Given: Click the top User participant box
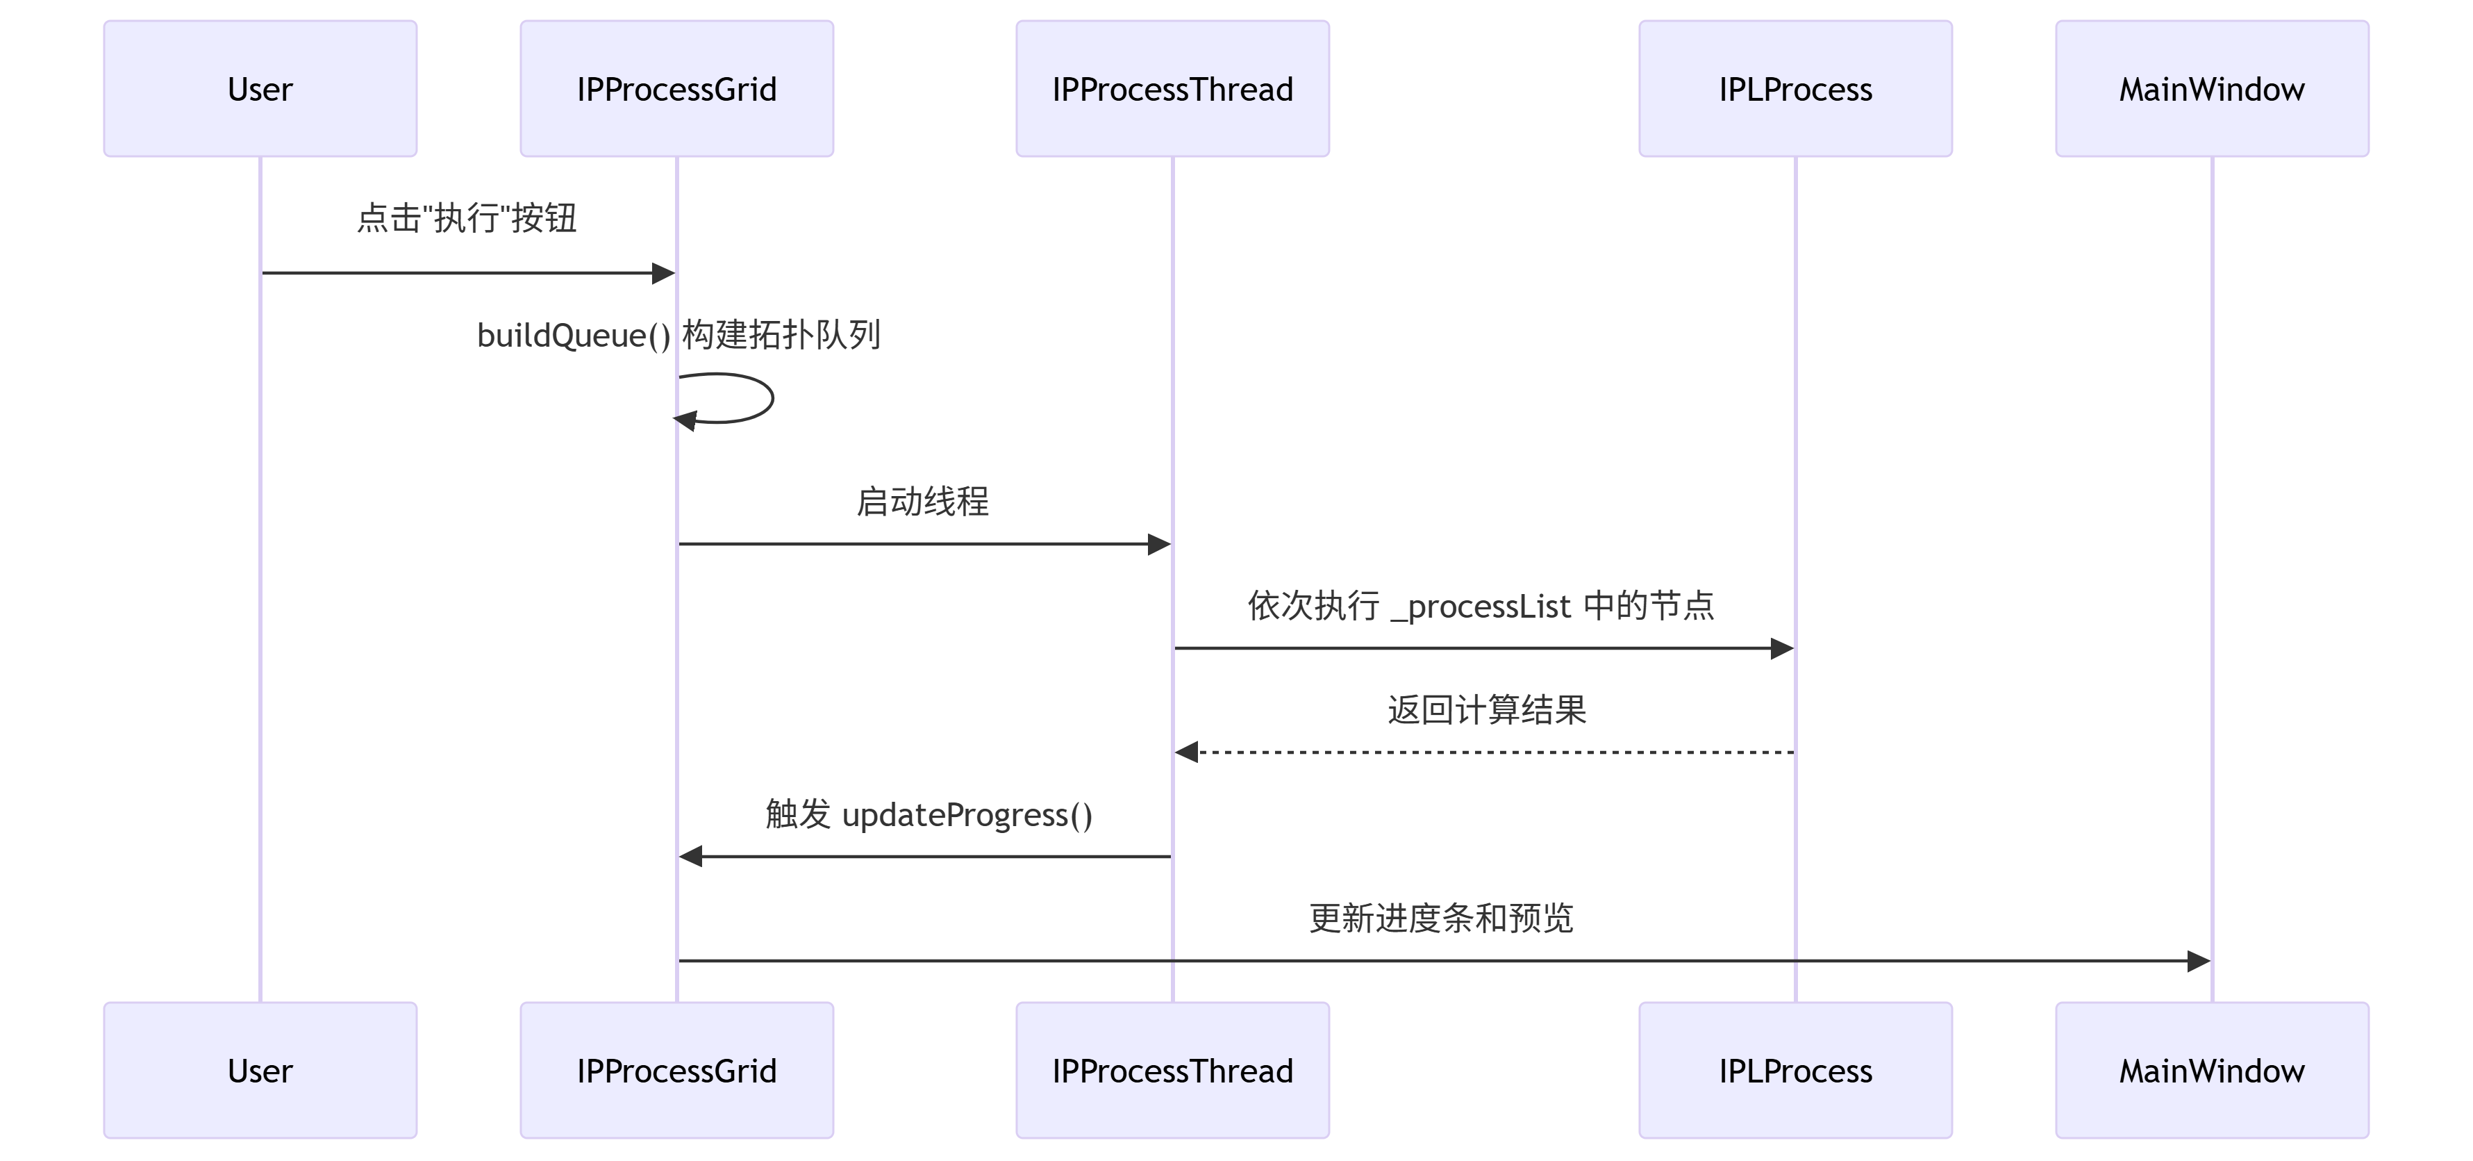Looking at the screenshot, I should [260, 88].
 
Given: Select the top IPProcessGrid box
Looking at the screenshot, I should [677, 88].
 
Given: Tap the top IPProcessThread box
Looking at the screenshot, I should [1172, 88].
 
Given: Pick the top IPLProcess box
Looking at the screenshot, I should [1795, 88].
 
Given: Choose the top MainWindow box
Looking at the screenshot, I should [2212, 88].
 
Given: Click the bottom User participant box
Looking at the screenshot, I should [260, 1070].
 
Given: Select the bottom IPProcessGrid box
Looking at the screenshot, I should [677, 1070].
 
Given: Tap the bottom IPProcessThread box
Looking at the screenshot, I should [1172, 1070].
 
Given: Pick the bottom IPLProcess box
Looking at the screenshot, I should [1795, 1070].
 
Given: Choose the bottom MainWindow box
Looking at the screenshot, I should [2212, 1070].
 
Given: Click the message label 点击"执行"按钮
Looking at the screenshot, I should [467, 218].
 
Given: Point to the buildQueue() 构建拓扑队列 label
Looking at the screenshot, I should [678, 335].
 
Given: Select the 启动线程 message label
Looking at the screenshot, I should [922, 501].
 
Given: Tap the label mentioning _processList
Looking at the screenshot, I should [1481, 606].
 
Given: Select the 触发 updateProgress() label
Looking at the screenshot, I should [929, 814].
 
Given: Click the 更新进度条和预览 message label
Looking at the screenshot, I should [1441, 918].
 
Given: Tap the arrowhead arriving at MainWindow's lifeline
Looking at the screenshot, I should [2199, 960].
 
